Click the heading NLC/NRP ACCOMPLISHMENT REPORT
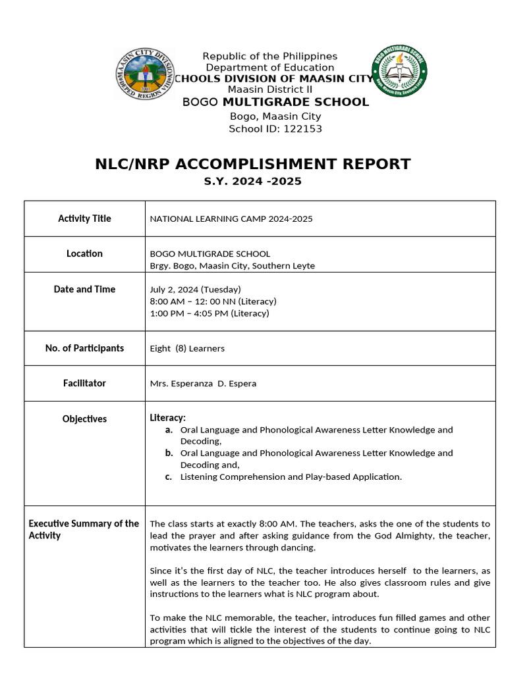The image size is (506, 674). [x=252, y=164]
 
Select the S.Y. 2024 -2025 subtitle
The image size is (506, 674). [x=252, y=181]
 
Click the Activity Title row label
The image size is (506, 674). [x=84, y=219]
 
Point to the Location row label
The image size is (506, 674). [x=84, y=253]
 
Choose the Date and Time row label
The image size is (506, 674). [x=84, y=289]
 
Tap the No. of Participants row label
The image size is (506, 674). [x=84, y=348]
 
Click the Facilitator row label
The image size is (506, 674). [x=84, y=383]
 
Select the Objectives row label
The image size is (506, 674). [x=84, y=419]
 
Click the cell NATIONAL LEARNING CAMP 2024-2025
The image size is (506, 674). [x=231, y=219]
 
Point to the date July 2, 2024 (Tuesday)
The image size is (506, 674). [x=196, y=290]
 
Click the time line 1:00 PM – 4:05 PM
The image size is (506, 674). [x=210, y=313]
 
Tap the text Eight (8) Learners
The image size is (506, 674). [x=187, y=348]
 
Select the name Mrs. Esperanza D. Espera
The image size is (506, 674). [x=203, y=384]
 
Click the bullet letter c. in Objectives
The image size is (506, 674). [x=169, y=477]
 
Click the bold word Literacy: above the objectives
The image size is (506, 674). [x=168, y=417]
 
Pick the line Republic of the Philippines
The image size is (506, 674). [x=269, y=57]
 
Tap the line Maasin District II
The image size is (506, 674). [x=269, y=90]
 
